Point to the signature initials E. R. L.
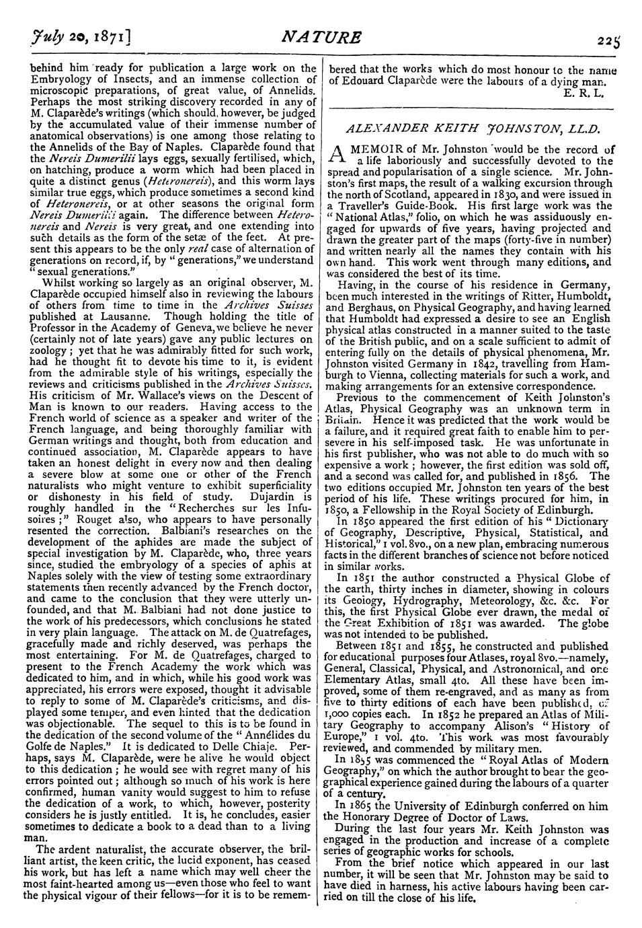588,92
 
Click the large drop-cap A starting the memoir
335,155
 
